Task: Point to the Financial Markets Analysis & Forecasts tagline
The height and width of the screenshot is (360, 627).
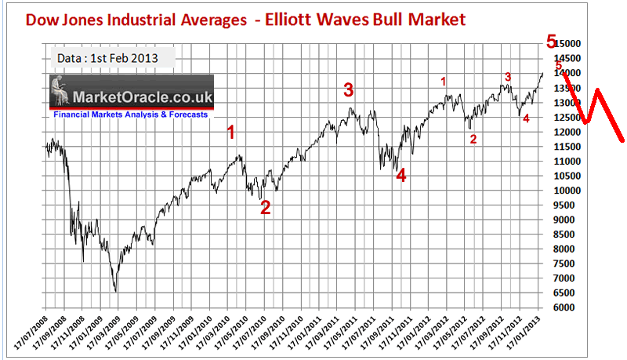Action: [x=131, y=115]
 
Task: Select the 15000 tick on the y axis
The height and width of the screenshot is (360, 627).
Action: [x=565, y=44]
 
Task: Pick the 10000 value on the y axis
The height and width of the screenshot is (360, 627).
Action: [x=565, y=191]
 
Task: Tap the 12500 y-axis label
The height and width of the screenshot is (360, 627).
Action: [x=565, y=118]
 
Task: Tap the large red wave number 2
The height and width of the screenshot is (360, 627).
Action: [x=265, y=208]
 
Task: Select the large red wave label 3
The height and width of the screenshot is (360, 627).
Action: [x=349, y=90]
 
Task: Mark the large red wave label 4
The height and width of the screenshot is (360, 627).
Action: [x=401, y=176]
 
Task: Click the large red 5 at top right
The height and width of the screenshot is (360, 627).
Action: [x=552, y=42]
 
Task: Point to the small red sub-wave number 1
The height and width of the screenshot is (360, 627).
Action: [x=444, y=81]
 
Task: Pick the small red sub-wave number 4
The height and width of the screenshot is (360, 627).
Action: [x=526, y=118]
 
